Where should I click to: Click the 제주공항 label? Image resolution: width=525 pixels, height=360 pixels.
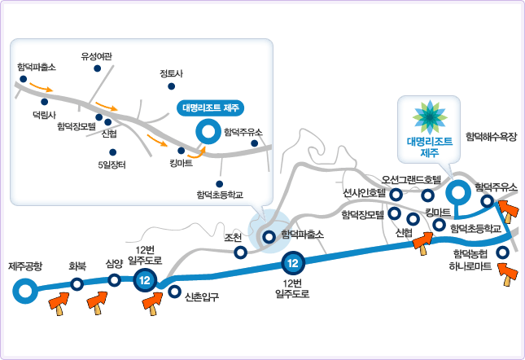[25, 266]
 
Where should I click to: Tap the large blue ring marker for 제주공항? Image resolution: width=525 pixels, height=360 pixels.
[25, 289]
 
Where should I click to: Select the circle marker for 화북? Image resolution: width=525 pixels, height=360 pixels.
[77, 284]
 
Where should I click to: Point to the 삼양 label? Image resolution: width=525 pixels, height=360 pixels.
[114, 264]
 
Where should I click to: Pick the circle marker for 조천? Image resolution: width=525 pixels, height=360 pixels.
[241, 252]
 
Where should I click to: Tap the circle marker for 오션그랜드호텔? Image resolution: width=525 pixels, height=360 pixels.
[428, 195]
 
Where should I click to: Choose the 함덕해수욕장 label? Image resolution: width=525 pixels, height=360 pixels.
[491, 138]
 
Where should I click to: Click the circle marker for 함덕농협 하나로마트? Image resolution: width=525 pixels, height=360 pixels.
[503, 252]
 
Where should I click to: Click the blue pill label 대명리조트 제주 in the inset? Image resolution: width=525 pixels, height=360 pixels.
[210, 107]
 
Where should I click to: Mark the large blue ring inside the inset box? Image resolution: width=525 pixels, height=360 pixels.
[207, 130]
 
